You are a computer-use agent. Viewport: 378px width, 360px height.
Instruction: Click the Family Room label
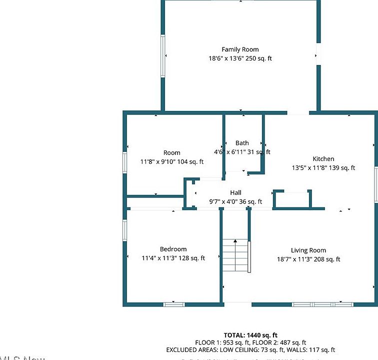240,49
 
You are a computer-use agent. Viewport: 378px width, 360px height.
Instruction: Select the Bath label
242,143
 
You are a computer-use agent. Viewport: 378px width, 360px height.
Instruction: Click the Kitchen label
323,159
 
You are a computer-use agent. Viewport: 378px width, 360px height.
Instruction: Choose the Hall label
235,192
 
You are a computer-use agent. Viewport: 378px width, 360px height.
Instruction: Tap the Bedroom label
173,249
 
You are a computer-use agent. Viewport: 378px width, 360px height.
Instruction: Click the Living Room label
308,250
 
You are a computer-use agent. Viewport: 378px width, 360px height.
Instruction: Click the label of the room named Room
171,152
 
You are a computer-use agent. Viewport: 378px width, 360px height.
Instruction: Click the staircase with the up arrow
235,255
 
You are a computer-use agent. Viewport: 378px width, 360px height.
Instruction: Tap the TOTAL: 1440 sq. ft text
250,335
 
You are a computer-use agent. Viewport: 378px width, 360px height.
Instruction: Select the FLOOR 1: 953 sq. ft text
219,342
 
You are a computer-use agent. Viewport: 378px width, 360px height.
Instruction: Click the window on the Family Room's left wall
162,55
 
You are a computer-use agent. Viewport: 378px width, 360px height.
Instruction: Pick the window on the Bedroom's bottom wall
174,303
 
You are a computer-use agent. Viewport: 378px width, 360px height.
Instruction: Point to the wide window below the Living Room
322,303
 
